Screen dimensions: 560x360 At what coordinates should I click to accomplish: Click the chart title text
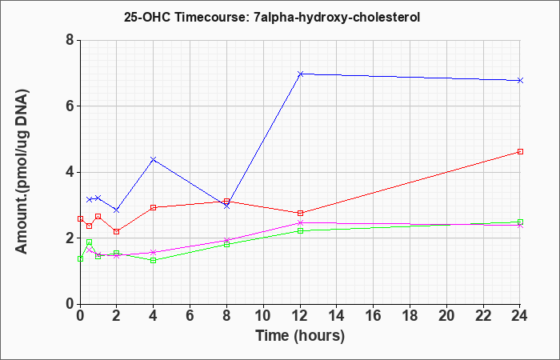pos(272,17)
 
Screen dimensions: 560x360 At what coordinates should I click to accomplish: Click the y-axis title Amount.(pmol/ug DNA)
pos(22,172)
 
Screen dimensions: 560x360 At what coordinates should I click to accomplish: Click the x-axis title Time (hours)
pos(300,336)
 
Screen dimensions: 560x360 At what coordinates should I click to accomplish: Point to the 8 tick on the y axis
pos(70,40)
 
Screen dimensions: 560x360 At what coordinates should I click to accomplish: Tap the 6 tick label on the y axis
pos(70,106)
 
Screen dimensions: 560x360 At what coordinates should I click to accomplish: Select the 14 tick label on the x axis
pos(337,315)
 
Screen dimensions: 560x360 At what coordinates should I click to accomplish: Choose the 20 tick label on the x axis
pos(446,315)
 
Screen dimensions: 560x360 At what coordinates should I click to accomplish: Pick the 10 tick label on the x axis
pos(263,315)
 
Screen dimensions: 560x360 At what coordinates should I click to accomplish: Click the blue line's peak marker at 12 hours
pos(300,74)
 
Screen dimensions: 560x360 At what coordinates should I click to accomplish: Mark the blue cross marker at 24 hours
pos(520,80)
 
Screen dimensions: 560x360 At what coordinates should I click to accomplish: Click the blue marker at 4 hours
pos(154,159)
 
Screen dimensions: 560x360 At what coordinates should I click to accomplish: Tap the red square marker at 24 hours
pos(520,151)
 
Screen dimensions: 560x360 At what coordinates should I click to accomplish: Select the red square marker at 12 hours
pos(300,213)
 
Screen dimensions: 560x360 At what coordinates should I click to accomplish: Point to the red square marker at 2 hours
pos(117,231)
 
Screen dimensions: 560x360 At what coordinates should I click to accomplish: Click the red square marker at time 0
pos(80,218)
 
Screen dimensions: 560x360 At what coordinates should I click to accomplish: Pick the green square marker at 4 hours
pos(154,260)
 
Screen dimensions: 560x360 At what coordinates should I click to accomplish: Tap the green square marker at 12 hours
pos(300,230)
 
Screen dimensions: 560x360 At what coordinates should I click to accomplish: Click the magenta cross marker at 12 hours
pos(300,223)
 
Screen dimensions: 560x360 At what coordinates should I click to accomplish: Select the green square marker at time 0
pos(80,258)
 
